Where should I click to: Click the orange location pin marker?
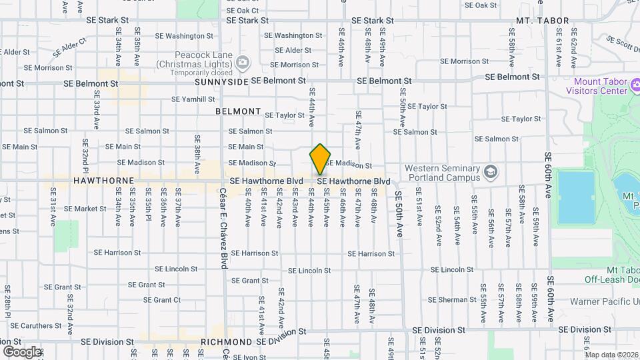321,159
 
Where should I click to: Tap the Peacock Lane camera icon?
243,63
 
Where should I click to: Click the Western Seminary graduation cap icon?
491,172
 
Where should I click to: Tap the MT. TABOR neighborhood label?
543,21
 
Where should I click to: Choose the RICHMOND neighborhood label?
226,342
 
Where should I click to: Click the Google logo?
21,351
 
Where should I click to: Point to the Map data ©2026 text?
611,355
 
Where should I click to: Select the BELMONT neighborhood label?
238,111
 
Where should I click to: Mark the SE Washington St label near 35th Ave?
175,35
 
